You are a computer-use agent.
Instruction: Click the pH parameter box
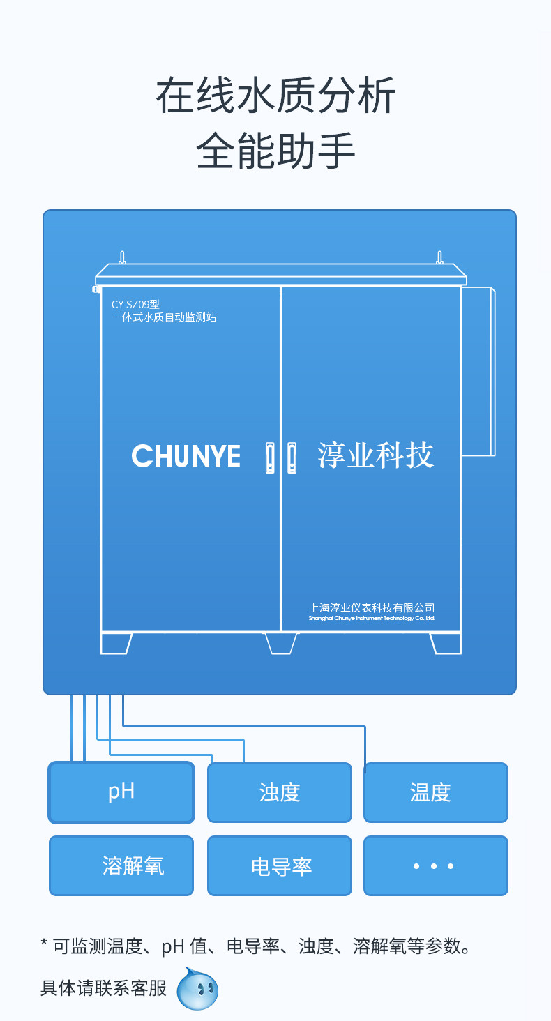click(x=121, y=792)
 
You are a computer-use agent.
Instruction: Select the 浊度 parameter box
click(x=279, y=792)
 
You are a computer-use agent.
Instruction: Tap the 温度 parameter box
click(x=435, y=792)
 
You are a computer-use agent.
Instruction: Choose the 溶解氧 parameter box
click(x=121, y=865)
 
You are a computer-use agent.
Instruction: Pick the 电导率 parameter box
click(x=279, y=865)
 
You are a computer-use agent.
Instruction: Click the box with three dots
click(x=435, y=865)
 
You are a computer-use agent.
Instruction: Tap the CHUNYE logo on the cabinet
click(x=186, y=457)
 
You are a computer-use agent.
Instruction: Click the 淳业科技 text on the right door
click(x=376, y=455)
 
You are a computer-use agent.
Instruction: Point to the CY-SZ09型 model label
click(x=136, y=304)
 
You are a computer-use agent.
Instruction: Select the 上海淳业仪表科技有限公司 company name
click(x=372, y=607)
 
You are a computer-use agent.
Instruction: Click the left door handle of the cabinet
click(x=270, y=457)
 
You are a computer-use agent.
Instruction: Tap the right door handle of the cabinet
click(x=292, y=457)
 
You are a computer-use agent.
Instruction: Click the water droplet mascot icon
click(x=197, y=989)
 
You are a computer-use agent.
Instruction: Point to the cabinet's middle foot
click(x=280, y=643)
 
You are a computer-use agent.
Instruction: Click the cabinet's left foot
click(x=116, y=643)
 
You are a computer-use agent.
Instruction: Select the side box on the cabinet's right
click(x=478, y=371)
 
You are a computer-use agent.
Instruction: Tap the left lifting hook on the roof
click(x=122, y=257)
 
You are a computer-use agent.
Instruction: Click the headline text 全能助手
click(x=275, y=151)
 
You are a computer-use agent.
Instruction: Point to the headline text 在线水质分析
click(x=275, y=96)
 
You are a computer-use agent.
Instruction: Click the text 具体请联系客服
click(x=104, y=988)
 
